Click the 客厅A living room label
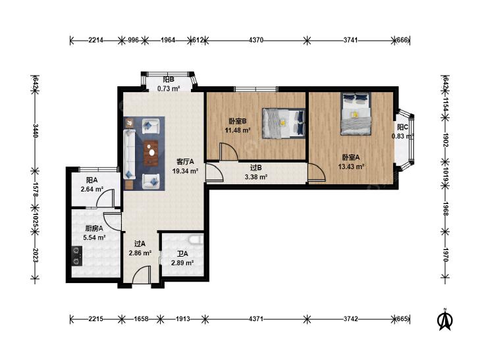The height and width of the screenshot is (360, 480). [x=186, y=162]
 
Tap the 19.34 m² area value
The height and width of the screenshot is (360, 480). [x=186, y=171]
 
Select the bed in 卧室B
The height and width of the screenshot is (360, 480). [x=284, y=123]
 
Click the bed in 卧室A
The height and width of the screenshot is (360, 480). [x=356, y=113]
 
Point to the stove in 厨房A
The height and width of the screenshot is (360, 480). [x=76, y=256]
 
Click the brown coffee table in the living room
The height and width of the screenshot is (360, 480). [x=151, y=153]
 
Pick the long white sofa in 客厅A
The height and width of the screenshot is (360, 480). [x=129, y=154]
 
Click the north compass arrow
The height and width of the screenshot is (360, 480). [x=445, y=319]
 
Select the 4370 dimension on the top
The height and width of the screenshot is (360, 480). [x=256, y=40]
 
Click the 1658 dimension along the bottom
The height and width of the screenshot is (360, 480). [x=141, y=319]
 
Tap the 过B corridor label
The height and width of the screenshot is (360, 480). [x=256, y=168]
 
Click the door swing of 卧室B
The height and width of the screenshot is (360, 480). [x=228, y=151]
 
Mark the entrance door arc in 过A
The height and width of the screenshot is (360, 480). [x=142, y=274]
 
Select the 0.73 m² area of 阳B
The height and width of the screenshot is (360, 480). [x=169, y=89]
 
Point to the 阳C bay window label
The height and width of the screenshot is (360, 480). [x=402, y=126]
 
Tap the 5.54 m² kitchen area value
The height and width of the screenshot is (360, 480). [x=94, y=237]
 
